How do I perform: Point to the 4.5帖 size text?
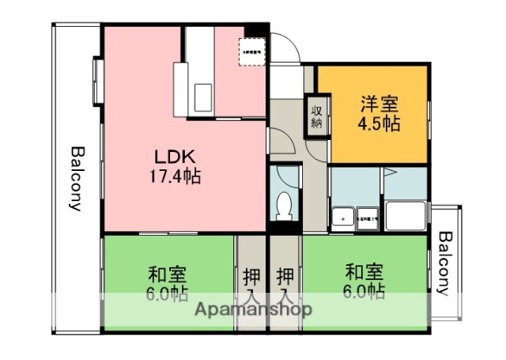380,124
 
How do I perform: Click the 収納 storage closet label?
315,115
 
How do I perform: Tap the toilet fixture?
285,205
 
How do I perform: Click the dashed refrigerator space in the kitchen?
253,52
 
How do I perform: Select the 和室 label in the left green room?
167,275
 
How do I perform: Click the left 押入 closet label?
251,287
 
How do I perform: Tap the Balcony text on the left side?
76,179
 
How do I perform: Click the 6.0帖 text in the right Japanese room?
364,293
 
